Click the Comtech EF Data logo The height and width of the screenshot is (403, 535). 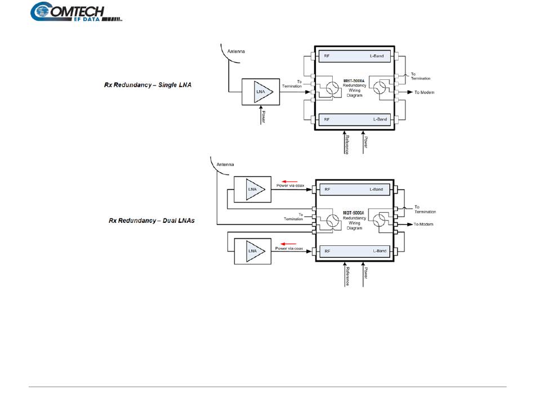(x=77, y=12)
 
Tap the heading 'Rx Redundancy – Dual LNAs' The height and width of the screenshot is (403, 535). (x=151, y=221)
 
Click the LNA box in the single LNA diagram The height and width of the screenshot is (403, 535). (x=260, y=92)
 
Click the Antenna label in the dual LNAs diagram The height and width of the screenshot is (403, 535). (x=227, y=165)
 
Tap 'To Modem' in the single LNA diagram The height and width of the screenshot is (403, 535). (x=424, y=92)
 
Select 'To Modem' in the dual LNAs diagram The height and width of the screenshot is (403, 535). (x=423, y=224)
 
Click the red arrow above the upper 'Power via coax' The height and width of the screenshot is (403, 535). (x=289, y=181)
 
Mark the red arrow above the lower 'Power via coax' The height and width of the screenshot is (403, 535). (x=289, y=244)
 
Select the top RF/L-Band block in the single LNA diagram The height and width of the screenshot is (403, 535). (x=355, y=57)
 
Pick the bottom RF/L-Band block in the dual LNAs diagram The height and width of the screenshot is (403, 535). (x=355, y=251)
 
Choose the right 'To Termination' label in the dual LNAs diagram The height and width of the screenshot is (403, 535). (x=425, y=209)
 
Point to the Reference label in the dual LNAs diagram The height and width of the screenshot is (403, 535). (x=347, y=276)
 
